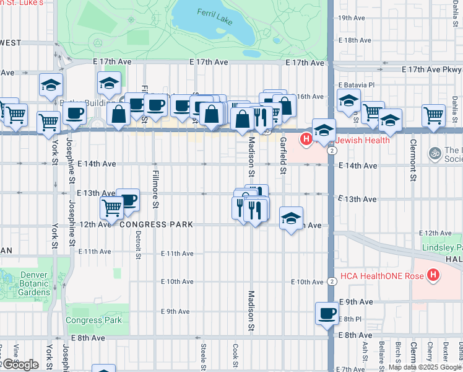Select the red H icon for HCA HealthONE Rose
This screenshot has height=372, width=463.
tap(433, 274)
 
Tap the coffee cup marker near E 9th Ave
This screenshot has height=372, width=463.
tap(327, 313)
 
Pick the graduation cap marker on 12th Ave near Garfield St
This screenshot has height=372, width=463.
tap(291, 218)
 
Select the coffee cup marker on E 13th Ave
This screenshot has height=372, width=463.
tap(128, 199)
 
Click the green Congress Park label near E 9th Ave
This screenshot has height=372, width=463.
tap(94, 321)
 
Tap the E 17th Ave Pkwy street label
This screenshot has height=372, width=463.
tap(431, 69)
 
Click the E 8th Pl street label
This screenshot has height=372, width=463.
tap(349, 319)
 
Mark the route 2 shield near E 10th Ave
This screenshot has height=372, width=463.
tap(332, 281)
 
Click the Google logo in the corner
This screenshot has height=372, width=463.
tap(20, 365)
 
